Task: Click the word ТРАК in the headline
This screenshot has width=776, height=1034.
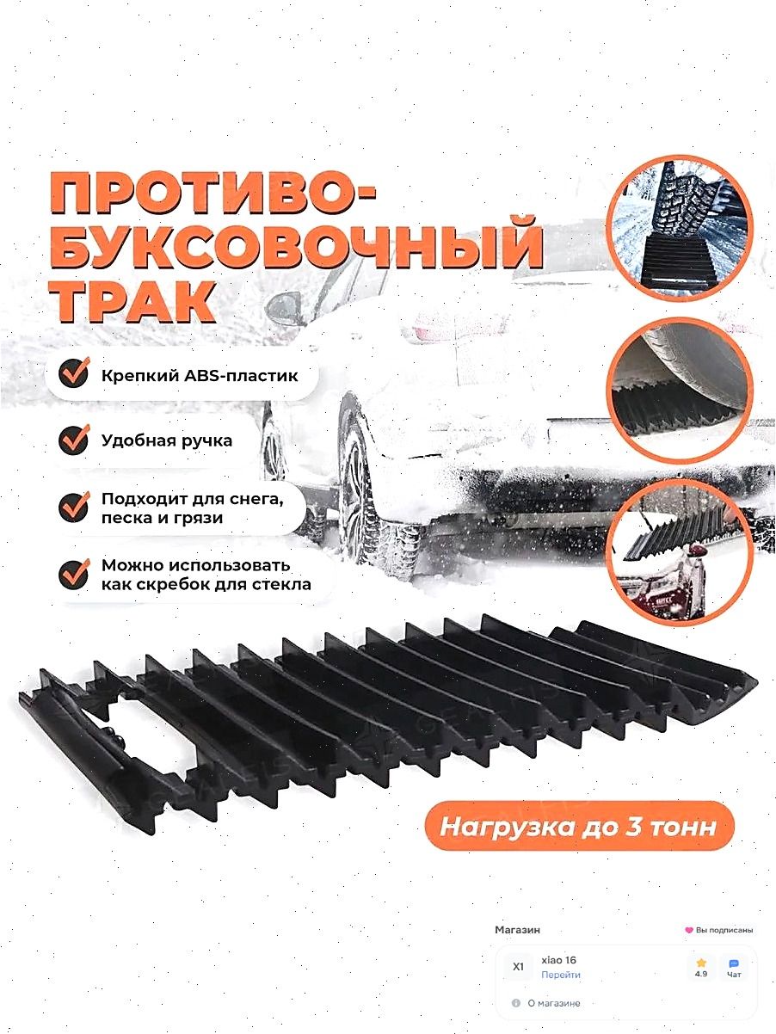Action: click(x=132, y=301)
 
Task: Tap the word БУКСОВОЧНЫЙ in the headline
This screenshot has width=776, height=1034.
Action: click(x=297, y=247)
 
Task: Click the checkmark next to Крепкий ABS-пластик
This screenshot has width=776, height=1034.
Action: click(x=74, y=372)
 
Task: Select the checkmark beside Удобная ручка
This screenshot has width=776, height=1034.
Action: click(x=74, y=440)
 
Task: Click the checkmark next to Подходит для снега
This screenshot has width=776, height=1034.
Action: click(x=74, y=507)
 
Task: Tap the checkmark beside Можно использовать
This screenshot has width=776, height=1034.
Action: click(x=74, y=575)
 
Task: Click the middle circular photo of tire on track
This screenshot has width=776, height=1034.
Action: click(x=679, y=390)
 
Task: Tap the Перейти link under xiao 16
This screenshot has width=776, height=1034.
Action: click(x=560, y=975)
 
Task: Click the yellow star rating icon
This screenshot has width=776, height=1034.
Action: click(x=700, y=963)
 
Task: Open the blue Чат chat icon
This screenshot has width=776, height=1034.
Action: click(x=734, y=963)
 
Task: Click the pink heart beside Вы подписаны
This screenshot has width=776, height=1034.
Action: click(x=688, y=930)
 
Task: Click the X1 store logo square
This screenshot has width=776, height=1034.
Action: click(x=518, y=967)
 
